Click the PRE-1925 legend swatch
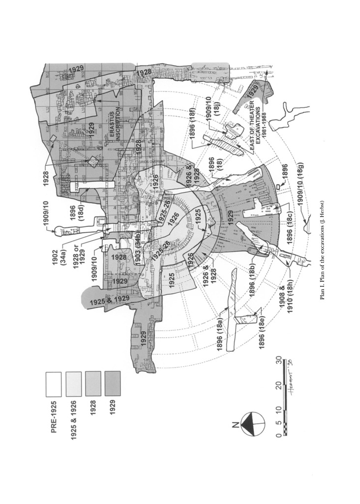(54, 384)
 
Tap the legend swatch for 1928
(93, 384)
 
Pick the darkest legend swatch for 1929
(113, 384)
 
